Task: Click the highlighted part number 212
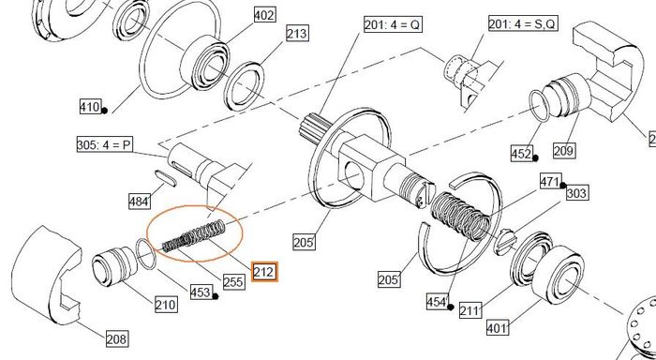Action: pyautogui.click(x=264, y=272)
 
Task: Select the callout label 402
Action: pyautogui.click(x=264, y=16)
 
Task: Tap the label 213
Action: pyautogui.click(x=297, y=33)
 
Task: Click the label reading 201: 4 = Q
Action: pyautogui.click(x=393, y=24)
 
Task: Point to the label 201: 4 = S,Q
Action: pyautogui.click(x=523, y=23)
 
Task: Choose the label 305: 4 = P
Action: pyautogui.click(x=104, y=145)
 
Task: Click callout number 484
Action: pyautogui.click(x=140, y=202)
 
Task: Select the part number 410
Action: pyautogui.click(x=90, y=107)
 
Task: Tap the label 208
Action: pyautogui.click(x=117, y=338)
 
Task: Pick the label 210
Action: pyautogui.click(x=166, y=304)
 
